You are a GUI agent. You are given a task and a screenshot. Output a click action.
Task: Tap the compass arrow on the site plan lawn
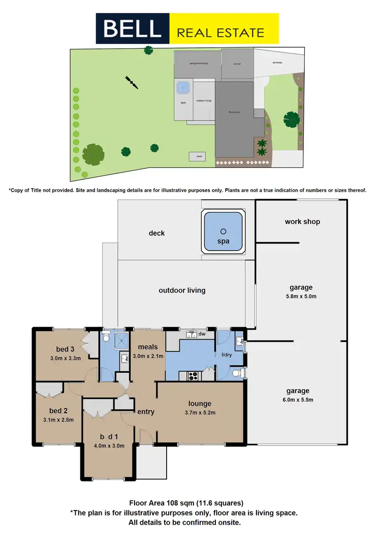tap(131, 82)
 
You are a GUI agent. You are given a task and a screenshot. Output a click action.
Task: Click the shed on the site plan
tap(198, 157)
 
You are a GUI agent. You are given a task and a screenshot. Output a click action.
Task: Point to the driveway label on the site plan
tap(277, 64)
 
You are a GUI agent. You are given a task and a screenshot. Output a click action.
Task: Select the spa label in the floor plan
tap(223, 241)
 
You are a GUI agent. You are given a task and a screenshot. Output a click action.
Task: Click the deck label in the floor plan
tap(156, 233)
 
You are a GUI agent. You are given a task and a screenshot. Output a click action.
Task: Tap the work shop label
tap(302, 222)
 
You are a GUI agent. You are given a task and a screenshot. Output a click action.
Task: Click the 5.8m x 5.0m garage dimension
tap(302, 296)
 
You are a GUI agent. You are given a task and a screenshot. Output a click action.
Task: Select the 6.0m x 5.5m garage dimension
tap(298, 400)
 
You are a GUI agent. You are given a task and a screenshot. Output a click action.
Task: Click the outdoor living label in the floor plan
tap(182, 290)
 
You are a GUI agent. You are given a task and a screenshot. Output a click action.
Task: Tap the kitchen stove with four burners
tap(194, 376)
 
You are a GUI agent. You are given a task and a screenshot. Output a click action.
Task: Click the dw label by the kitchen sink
tap(202, 334)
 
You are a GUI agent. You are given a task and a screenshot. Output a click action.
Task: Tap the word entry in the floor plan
tap(146, 411)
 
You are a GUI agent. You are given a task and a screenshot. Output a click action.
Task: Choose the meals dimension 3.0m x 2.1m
tap(148, 356)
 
